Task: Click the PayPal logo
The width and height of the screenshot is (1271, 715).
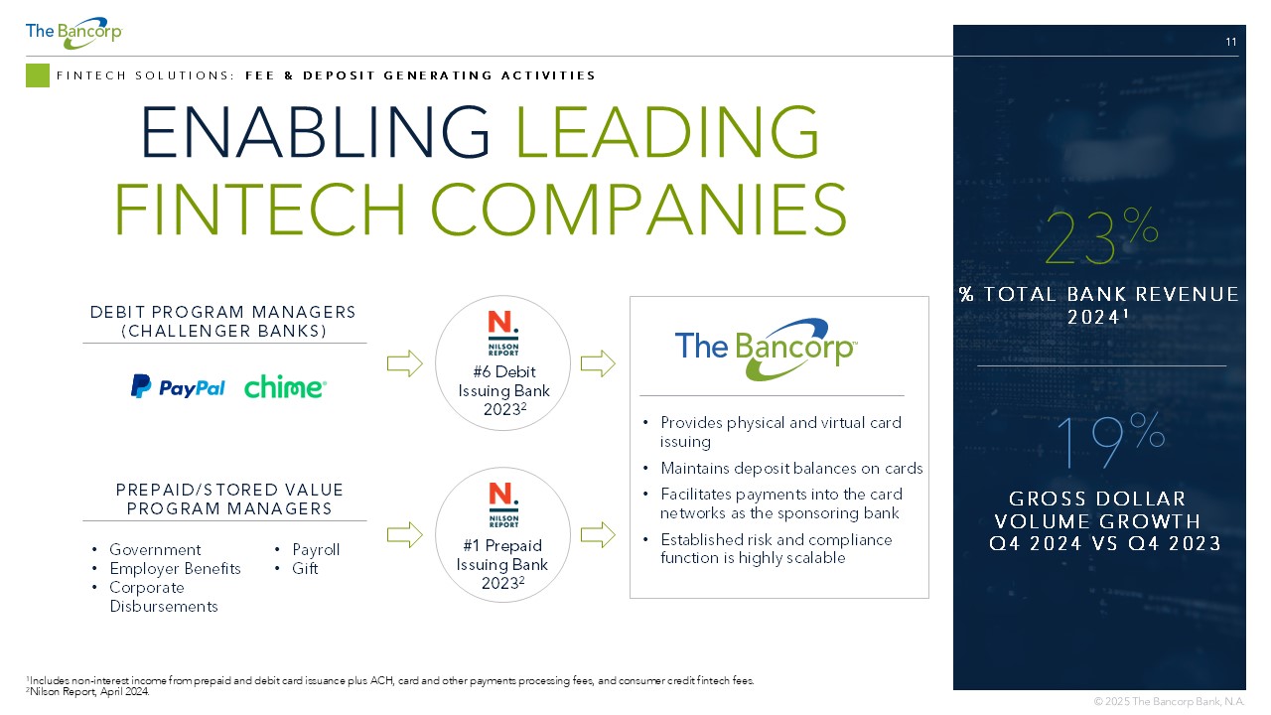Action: [x=178, y=387]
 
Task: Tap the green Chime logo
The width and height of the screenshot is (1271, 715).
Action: [x=285, y=387]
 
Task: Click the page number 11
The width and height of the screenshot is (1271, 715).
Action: [x=1230, y=42]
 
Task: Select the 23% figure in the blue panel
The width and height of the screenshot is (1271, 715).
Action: [x=1101, y=236]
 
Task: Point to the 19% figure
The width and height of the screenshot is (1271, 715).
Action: [x=1110, y=441]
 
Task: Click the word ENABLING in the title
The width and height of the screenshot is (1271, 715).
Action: [x=315, y=132]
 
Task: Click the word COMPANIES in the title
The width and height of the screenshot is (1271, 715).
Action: [x=638, y=209]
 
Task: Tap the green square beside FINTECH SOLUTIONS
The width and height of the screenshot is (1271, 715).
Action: [x=38, y=75]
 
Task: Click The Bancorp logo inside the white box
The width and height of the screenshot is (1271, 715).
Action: [x=766, y=349]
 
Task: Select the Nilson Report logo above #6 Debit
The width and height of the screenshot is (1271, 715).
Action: [x=502, y=333]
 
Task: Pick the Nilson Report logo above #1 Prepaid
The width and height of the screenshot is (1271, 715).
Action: [x=502, y=505]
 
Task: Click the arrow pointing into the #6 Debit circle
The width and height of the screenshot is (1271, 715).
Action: [x=404, y=363]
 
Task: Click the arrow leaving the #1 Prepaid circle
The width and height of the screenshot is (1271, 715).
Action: [x=598, y=534]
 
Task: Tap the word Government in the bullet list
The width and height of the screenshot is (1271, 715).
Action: [x=155, y=549]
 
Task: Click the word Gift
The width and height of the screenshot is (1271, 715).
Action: [x=305, y=568]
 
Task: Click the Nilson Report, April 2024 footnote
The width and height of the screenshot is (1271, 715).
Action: [x=88, y=692]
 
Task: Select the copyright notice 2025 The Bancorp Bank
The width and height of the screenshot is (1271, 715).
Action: [x=1169, y=701]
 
